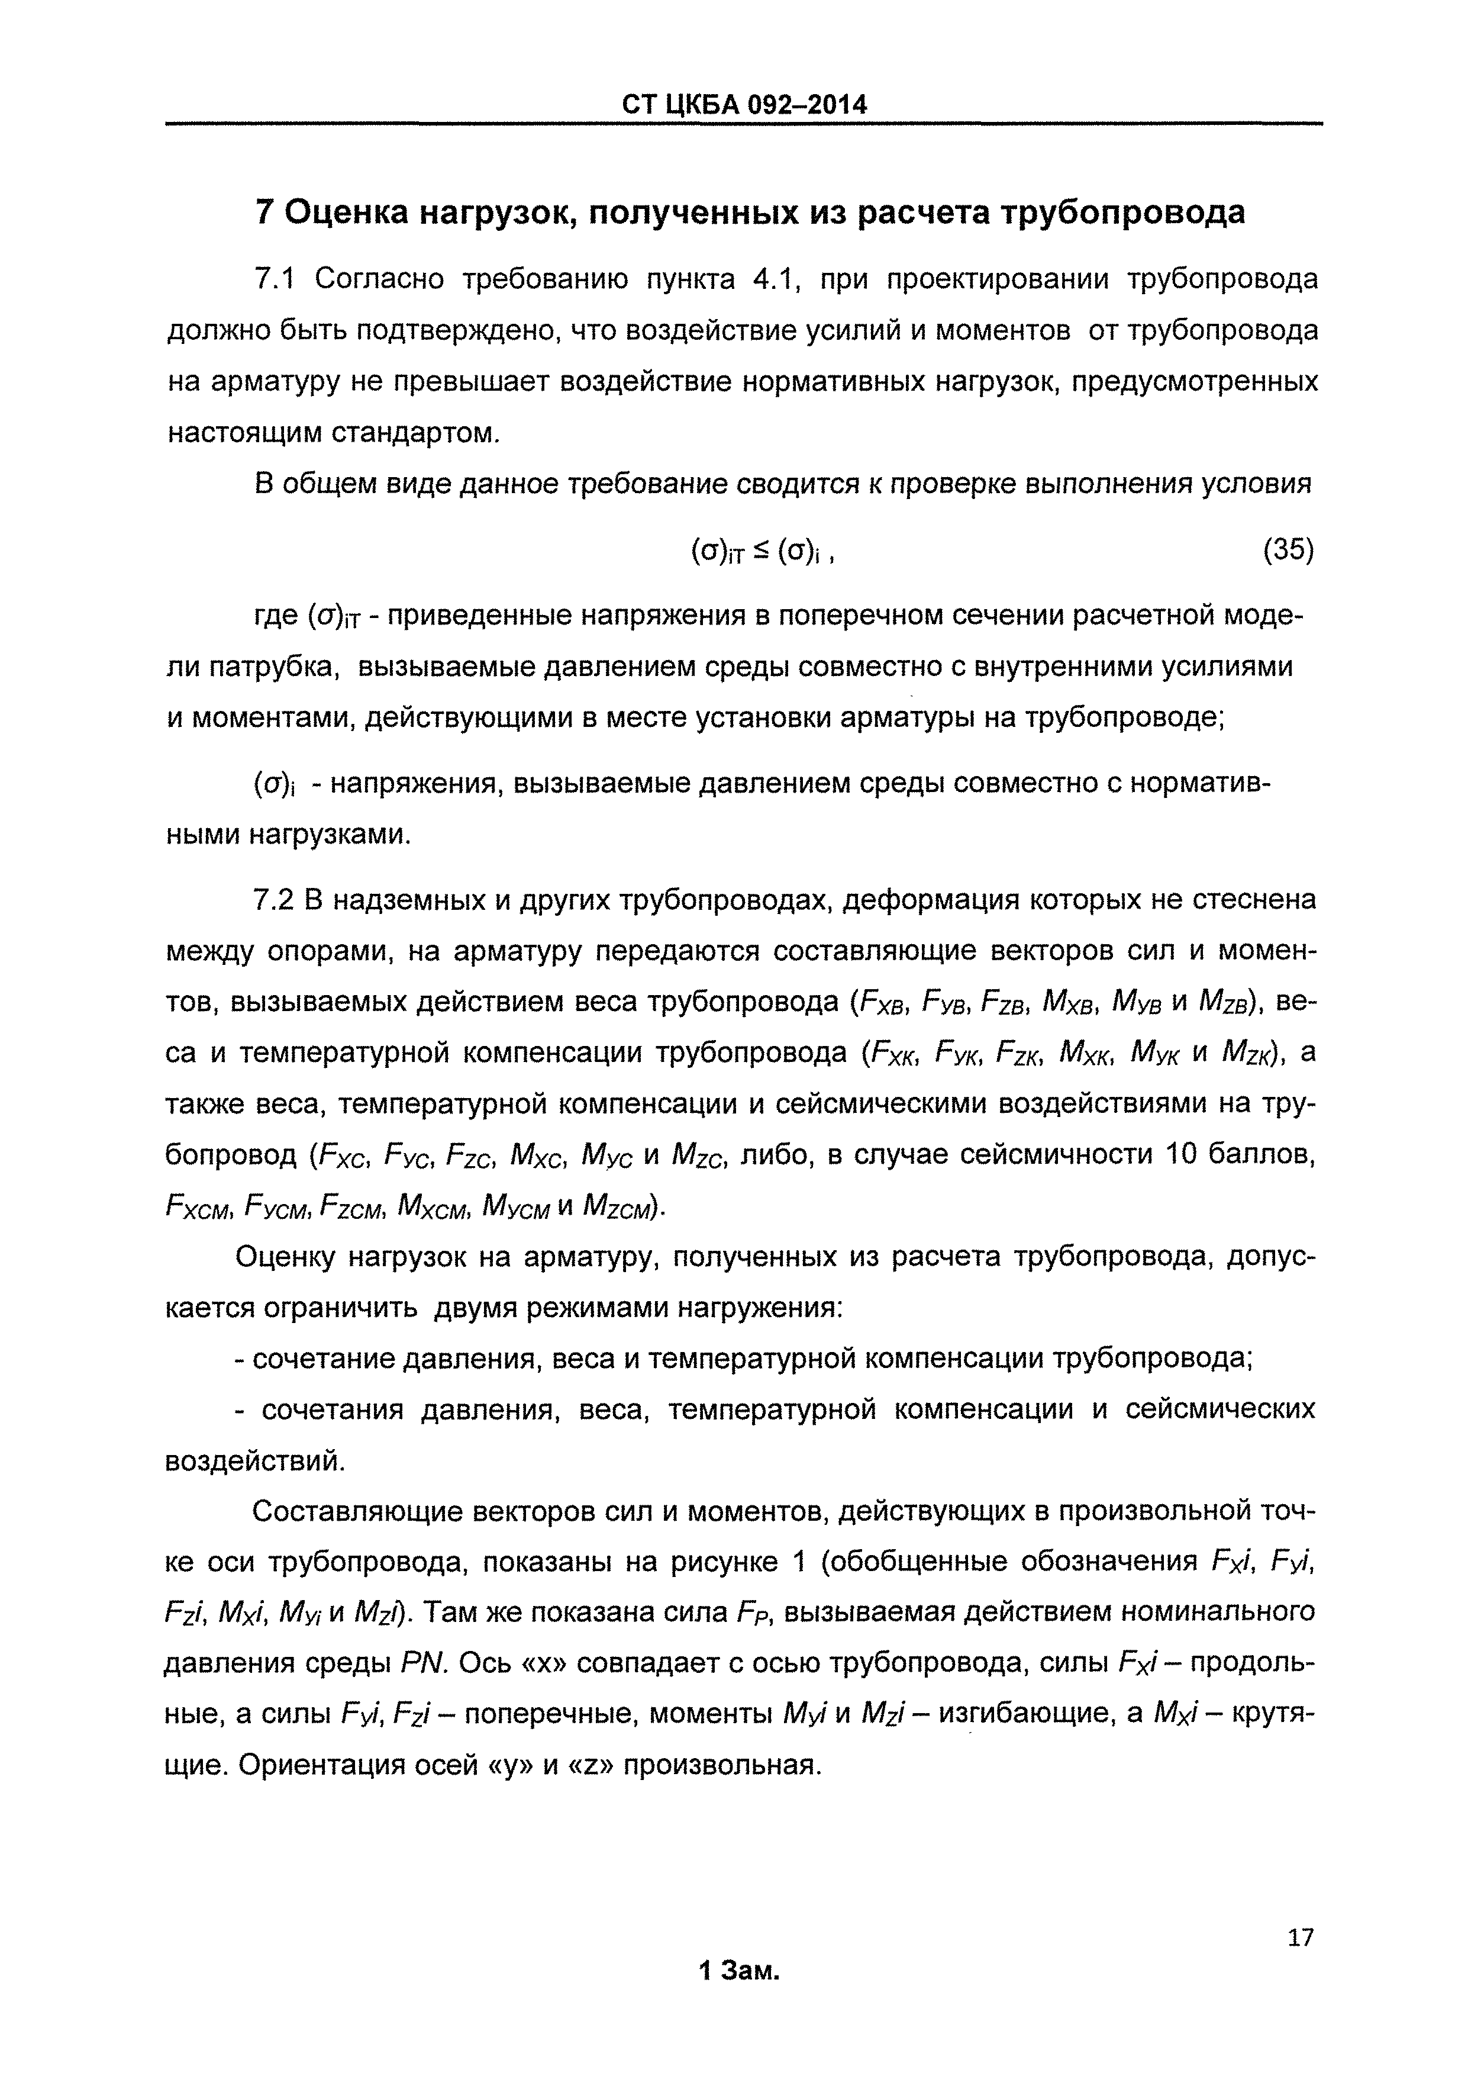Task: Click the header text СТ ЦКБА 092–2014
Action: point(744,105)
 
